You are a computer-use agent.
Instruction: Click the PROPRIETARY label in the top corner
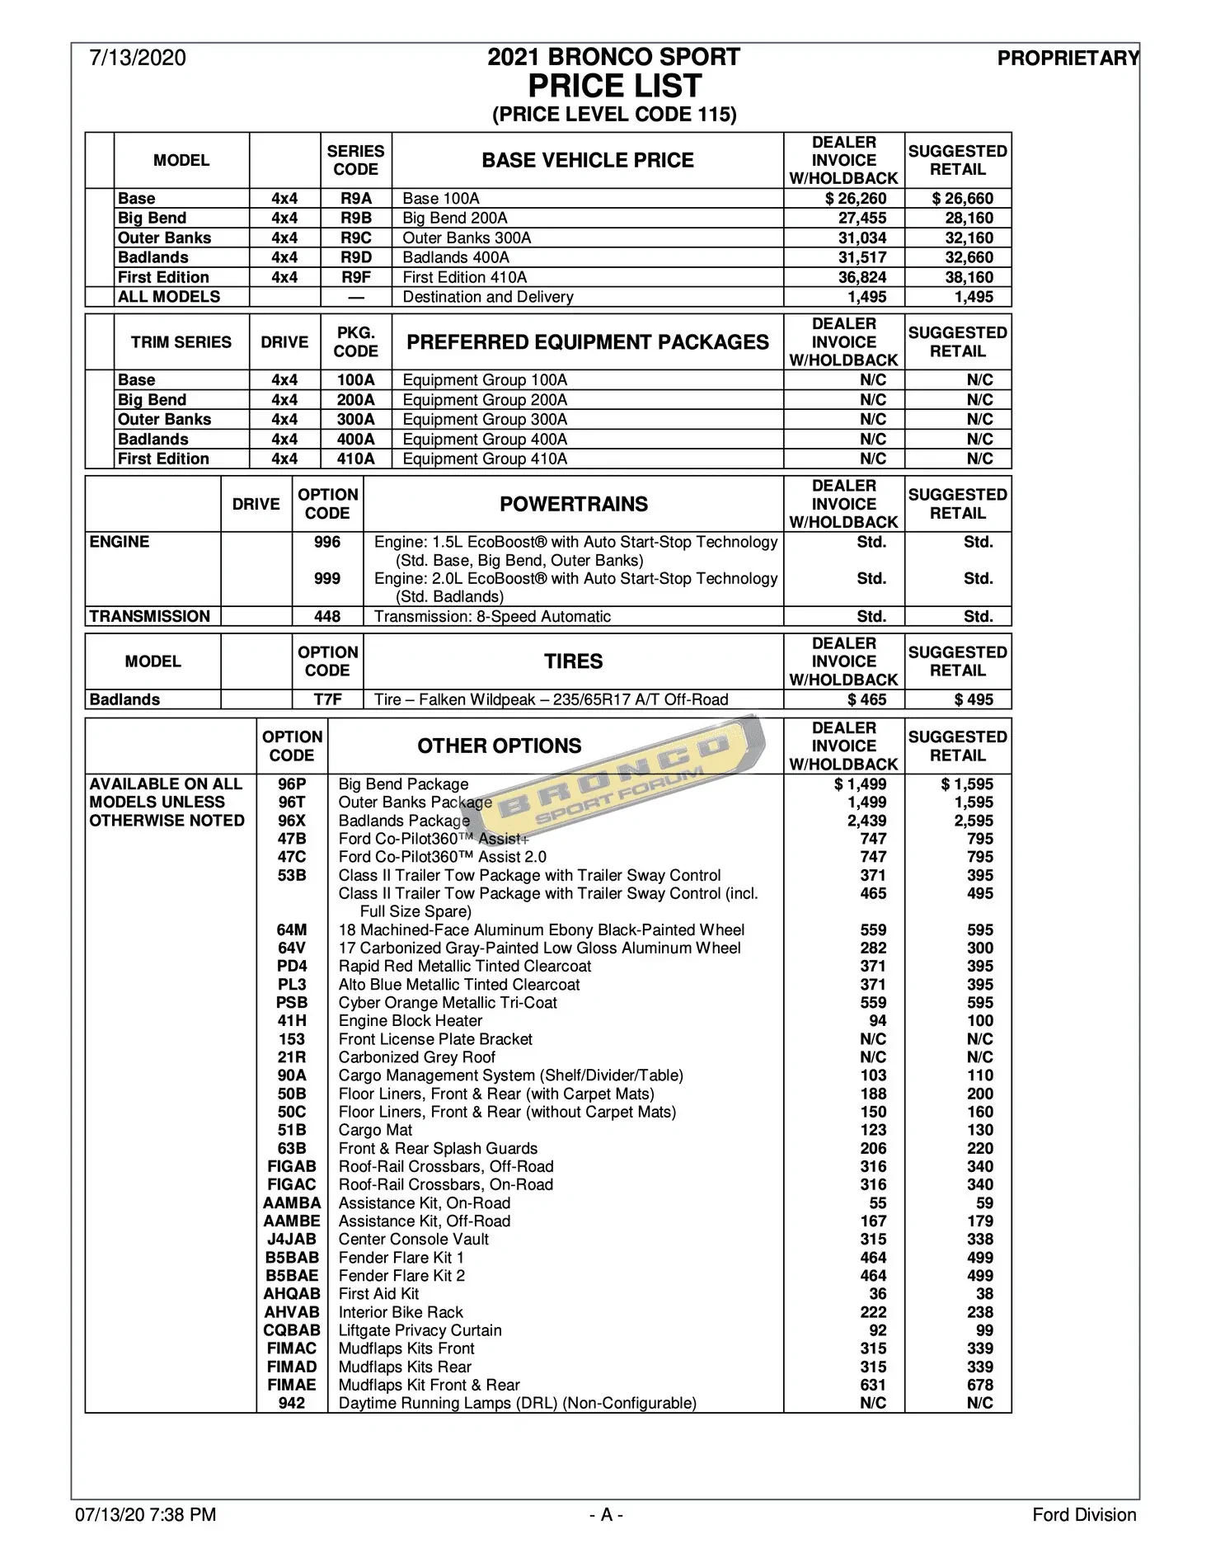(1068, 58)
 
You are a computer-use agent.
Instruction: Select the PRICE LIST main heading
(614, 86)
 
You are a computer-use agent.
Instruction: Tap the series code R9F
(356, 277)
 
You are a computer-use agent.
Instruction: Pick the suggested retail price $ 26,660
(962, 199)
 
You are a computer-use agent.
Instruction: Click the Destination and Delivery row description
(488, 297)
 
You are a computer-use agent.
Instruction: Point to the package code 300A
(356, 420)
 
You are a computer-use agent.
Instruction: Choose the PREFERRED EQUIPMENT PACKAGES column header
(588, 342)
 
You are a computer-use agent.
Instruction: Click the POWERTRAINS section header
(574, 504)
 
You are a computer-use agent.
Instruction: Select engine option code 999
(327, 579)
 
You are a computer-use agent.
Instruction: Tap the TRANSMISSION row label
(150, 616)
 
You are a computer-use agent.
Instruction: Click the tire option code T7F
(327, 699)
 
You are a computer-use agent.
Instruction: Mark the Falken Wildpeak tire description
(552, 699)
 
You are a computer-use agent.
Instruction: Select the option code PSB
(292, 1003)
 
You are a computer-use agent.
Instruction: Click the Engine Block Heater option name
(411, 1021)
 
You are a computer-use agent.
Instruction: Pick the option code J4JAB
(292, 1240)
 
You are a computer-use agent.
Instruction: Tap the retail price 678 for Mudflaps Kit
(980, 1385)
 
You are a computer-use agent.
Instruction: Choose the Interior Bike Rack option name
(401, 1312)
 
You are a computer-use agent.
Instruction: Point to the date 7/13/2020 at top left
(138, 58)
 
